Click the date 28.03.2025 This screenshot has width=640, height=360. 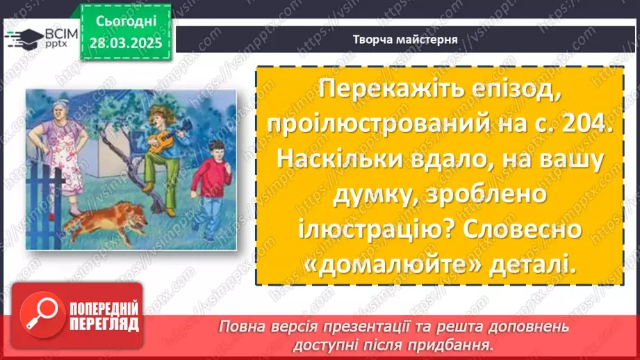click(124, 42)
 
